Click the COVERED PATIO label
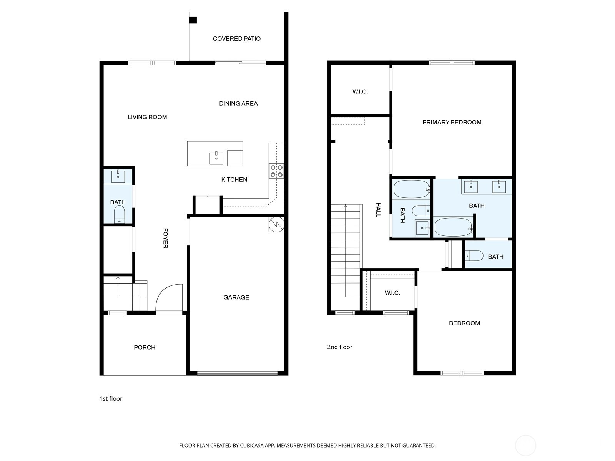(x=236, y=38)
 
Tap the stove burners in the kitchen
(x=276, y=171)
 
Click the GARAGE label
(x=236, y=297)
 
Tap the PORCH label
(x=145, y=347)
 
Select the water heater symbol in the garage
(x=276, y=225)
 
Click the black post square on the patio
(x=193, y=20)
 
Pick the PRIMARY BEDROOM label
(x=452, y=122)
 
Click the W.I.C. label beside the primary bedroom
(x=360, y=91)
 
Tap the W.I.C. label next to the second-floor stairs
(x=392, y=293)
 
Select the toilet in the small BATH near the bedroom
(x=474, y=255)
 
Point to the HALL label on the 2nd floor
(x=378, y=210)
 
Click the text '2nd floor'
(x=339, y=347)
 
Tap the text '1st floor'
(x=111, y=398)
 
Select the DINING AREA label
(x=238, y=103)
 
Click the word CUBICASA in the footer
(x=254, y=446)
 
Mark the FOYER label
(x=165, y=238)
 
